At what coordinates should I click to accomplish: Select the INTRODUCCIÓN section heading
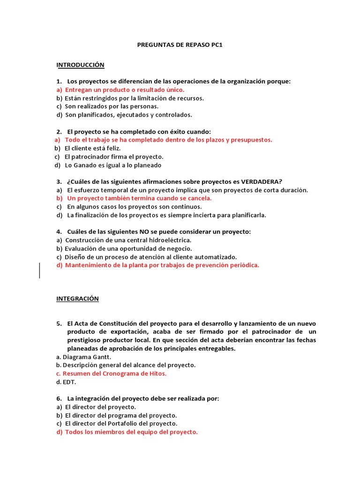pos(80,64)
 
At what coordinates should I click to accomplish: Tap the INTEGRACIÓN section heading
pos(78,299)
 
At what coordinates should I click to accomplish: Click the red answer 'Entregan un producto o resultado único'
pos(125,90)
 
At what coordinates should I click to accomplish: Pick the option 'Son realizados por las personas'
pos(108,106)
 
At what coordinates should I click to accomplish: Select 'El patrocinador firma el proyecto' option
pos(114,157)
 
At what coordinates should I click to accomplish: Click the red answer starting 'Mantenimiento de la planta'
pos(162,265)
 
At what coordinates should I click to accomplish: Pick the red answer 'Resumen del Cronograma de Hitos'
pos(114,374)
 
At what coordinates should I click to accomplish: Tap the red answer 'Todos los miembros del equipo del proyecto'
pos(131,432)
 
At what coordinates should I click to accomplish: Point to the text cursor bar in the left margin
pos(40,270)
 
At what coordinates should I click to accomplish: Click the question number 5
pos(59,323)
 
